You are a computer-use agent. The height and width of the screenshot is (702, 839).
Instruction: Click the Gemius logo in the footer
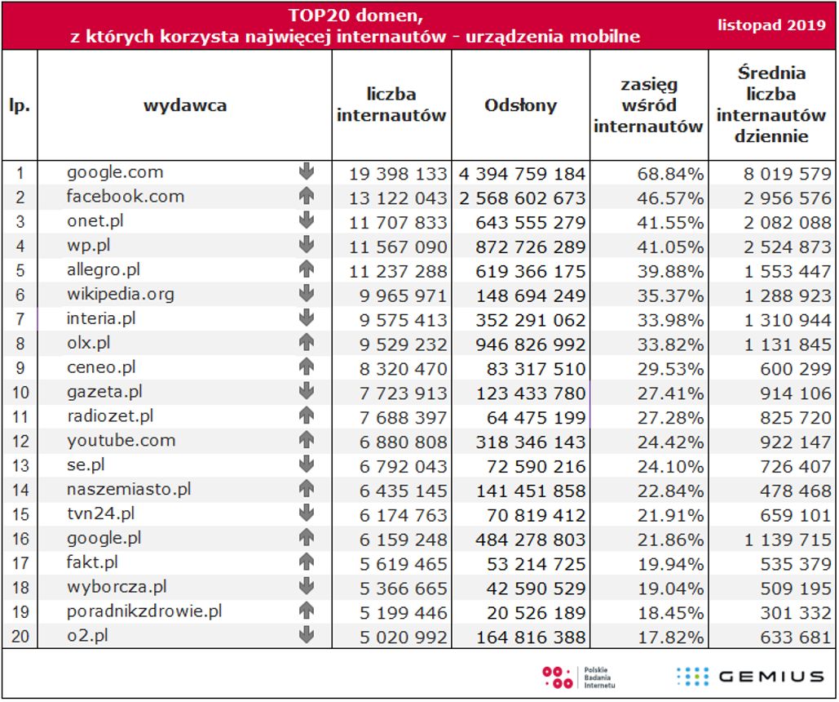pyautogui.click(x=750, y=676)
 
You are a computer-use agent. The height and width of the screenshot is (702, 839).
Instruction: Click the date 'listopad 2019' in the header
pyautogui.click(x=771, y=24)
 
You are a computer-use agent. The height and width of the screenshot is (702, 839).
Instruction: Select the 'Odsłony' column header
pyautogui.click(x=520, y=105)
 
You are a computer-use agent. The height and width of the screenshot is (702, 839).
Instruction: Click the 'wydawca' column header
pyautogui.click(x=185, y=105)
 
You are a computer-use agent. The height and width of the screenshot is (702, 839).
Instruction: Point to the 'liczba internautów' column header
pyautogui.click(x=391, y=105)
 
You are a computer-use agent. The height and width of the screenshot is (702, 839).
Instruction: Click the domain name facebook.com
pyautogui.click(x=126, y=197)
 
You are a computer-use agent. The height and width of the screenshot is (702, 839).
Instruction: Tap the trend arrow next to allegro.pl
pyautogui.click(x=307, y=269)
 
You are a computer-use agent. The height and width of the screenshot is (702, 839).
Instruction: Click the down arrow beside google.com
pyautogui.click(x=307, y=171)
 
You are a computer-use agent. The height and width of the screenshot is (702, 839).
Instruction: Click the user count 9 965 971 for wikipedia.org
pyautogui.click(x=398, y=295)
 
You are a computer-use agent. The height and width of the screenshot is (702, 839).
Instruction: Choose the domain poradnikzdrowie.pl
pyautogui.click(x=144, y=611)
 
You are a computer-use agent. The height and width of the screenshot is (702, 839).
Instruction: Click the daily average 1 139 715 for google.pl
pyautogui.click(x=787, y=540)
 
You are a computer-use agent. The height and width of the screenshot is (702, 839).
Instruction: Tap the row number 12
pyautogui.click(x=20, y=442)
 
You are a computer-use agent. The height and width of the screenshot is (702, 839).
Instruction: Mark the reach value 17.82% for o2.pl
pyautogui.click(x=672, y=638)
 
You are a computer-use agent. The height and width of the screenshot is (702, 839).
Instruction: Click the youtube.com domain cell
pyautogui.click(x=121, y=441)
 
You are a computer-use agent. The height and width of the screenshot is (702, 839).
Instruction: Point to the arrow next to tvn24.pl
pyautogui.click(x=307, y=513)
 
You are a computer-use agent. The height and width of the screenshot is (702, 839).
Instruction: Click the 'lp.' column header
pyautogui.click(x=20, y=105)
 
